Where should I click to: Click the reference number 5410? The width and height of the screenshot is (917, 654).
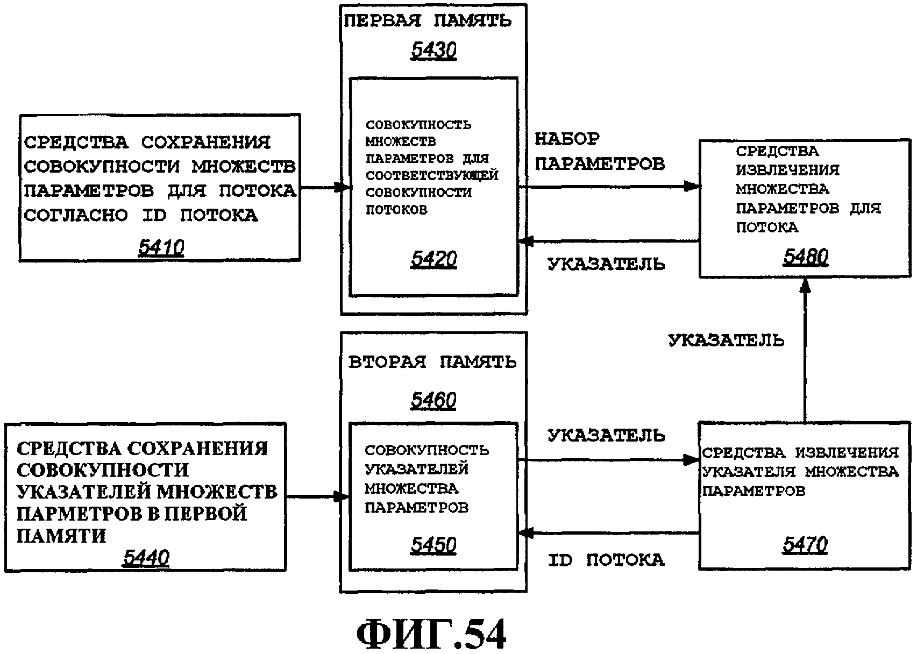coord(161,248)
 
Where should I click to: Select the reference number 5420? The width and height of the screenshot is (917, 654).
coord(433,260)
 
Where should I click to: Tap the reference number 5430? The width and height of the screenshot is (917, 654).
coord(433,51)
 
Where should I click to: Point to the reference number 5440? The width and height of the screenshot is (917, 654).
coord(146,558)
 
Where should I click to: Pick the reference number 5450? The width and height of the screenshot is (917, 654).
coord(433,545)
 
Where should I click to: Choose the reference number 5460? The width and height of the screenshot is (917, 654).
coord(433,400)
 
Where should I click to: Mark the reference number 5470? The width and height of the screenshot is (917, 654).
coord(805,545)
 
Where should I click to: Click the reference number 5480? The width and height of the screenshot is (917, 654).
coord(805,257)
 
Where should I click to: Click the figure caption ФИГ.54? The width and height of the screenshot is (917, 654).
coord(431,635)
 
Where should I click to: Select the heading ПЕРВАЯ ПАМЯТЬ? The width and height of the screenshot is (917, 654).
coord(428,21)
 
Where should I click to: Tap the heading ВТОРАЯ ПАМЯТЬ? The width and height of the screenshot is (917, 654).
coord(432,362)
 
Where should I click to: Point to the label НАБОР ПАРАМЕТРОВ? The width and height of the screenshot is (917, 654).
coord(599,152)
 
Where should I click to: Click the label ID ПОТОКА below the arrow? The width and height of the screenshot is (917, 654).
coord(606,560)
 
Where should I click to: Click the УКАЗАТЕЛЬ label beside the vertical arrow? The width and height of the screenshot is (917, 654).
coord(726,340)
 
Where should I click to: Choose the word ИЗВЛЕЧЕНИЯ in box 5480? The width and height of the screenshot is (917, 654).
coord(787,170)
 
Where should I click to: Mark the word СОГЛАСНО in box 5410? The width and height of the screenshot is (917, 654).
coord(76,216)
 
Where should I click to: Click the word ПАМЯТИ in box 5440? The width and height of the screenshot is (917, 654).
coord(61,536)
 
